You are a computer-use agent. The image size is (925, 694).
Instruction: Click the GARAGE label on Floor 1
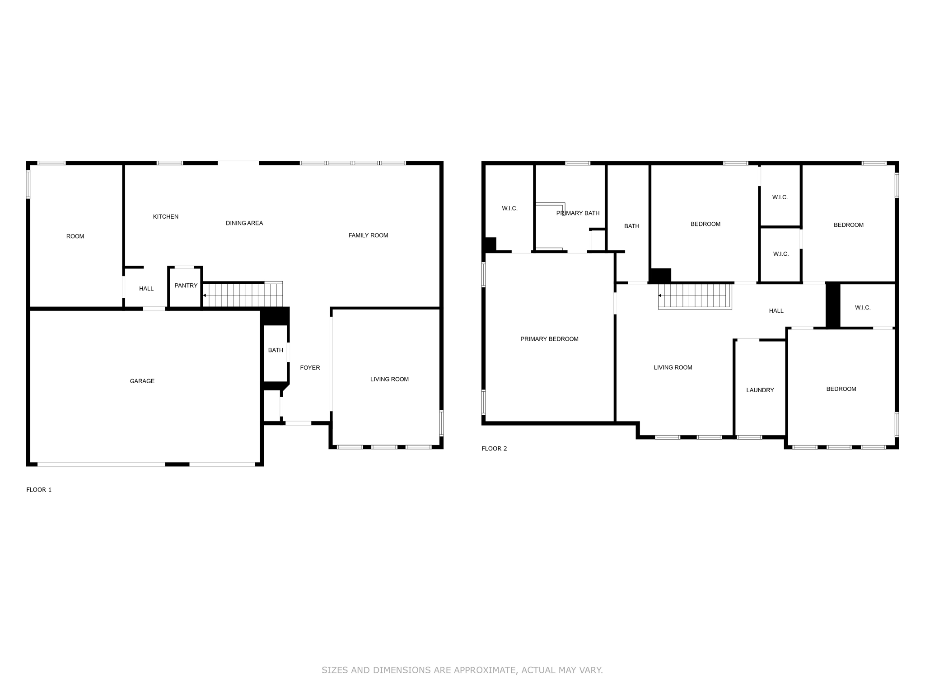click(x=142, y=381)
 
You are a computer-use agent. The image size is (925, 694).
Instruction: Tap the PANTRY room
click(x=186, y=286)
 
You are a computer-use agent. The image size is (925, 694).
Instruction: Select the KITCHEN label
click(x=165, y=216)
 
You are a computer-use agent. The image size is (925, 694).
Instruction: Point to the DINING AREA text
click(x=244, y=223)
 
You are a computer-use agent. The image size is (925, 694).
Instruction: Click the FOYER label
click(x=310, y=367)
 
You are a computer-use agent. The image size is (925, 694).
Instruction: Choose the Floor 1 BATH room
click(x=276, y=350)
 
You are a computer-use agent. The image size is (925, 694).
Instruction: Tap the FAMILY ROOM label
click(x=368, y=235)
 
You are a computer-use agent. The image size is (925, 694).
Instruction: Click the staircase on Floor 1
click(x=243, y=295)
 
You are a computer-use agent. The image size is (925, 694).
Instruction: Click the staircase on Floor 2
click(x=694, y=296)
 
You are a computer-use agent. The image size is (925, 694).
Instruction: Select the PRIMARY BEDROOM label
click(x=549, y=339)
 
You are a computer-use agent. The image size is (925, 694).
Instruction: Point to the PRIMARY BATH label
click(x=578, y=213)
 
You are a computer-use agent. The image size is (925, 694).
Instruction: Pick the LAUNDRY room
click(x=760, y=390)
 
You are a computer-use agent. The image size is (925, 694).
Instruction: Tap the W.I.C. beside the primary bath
click(x=509, y=208)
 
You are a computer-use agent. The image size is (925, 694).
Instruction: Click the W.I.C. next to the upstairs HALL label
click(x=862, y=308)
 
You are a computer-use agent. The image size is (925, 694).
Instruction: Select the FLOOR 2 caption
click(x=494, y=448)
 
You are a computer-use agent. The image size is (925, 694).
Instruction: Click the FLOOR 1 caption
click(x=39, y=489)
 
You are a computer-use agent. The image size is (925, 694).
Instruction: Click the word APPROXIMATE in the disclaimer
click(x=486, y=670)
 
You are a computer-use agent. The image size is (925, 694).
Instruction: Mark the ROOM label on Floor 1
click(x=75, y=236)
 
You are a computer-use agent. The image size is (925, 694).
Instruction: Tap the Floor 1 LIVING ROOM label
click(x=389, y=379)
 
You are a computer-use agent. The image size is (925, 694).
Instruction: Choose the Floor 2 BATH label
click(x=631, y=226)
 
